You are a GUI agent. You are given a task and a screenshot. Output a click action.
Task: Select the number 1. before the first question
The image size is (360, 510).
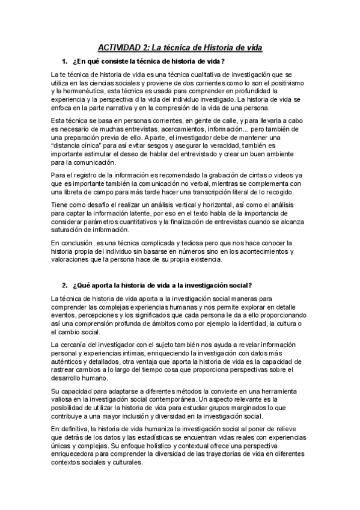pyautogui.click(x=64, y=61)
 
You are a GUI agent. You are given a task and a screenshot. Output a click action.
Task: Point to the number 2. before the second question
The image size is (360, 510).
pyautogui.click(x=64, y=284)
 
